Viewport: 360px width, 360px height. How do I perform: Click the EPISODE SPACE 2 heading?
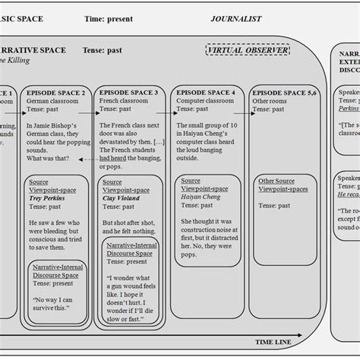(x=55, y=93)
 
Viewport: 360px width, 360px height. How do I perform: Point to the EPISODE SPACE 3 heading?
(x=129, y=93)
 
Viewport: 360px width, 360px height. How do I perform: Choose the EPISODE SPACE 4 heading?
(x=206, y=93)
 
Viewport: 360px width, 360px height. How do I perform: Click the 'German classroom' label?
(x=53, y=100)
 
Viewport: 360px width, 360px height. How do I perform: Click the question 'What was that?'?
(x=47, y=158)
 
